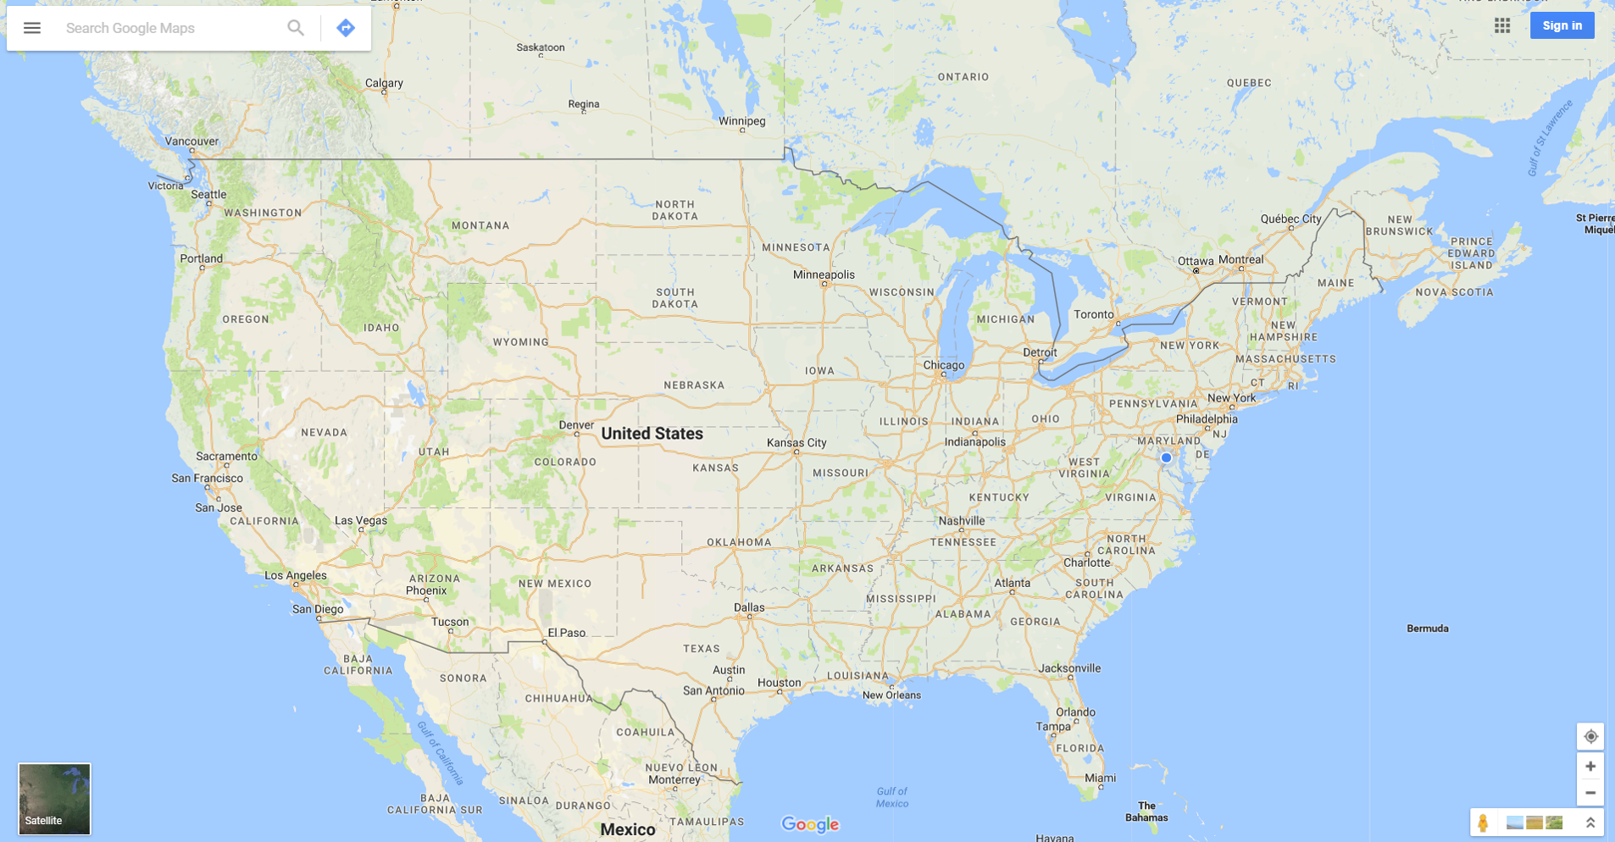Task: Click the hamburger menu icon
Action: click(x=32, y=28)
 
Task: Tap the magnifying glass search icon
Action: click(x=295, y=28)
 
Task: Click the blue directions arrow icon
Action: click(x=346, y=28)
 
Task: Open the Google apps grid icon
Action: click(x=1502, y=25)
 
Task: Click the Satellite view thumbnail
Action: click(x=54, y=799)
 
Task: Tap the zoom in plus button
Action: click(x=1590, y=767)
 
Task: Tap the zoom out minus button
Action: click(x=1590, y=793)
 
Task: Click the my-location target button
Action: click(x=1590, y=736)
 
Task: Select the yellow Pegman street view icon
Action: click(x=1483, y=823)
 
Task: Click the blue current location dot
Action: click(x=1167, y=457)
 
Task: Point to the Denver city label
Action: click(x=576, y=425)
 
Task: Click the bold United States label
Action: click(x=652, y=434)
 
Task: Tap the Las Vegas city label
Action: click(x=361, y=521)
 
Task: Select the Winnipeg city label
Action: click(x=741, y=121)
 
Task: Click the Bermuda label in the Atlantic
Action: click(x=1427, y=629)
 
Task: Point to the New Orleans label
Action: click(x=891, y=695)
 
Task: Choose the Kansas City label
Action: click(x=796, y=443)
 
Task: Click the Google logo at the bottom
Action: click(x=810, y=824)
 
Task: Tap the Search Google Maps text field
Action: click(x=169, y=28)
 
